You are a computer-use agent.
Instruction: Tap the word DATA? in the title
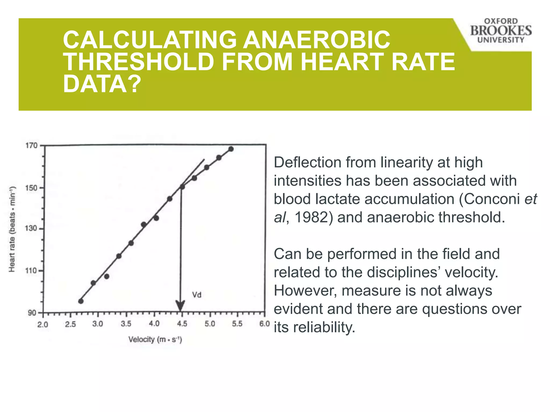click(102, 84)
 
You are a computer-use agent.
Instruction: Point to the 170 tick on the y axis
click(31, 146)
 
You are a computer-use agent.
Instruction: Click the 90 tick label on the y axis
click(32, 313)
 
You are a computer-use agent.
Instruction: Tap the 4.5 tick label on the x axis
click(182, 324)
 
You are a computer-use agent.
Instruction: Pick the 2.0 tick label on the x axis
click(43, 325)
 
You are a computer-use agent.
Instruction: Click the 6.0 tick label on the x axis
click(264, 324)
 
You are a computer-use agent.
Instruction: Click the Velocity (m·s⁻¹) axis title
click(155, 340)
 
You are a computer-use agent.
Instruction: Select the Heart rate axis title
click(12, 229)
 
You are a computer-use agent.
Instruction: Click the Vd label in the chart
click(197, 295)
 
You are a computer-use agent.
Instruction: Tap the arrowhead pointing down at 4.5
click(180, 306)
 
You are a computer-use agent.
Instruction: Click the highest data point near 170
click(231, 149)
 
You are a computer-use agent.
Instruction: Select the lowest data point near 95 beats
click(81, 301)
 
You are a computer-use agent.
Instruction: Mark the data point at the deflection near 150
click(182, 187)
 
